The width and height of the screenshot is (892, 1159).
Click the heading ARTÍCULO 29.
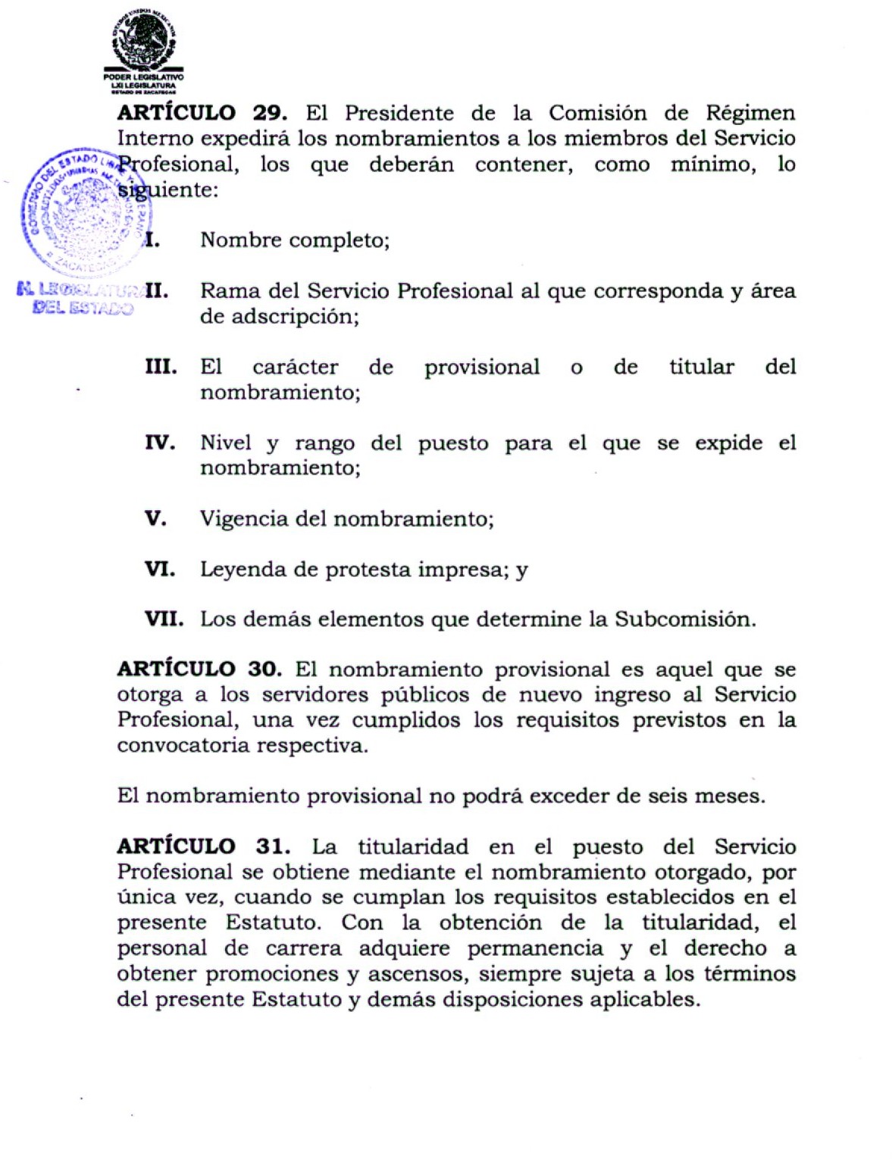202,113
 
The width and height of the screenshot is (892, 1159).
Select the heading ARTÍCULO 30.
199,669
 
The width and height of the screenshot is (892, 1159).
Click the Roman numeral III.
161,367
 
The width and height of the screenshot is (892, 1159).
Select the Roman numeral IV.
160,443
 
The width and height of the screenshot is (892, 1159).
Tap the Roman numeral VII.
164,619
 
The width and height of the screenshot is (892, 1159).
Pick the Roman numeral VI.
160,569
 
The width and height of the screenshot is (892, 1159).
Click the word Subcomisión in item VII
684,619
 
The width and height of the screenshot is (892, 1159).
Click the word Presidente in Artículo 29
399,114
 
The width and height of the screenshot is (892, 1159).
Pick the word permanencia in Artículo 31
535,948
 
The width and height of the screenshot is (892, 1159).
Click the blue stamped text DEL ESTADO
83,308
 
